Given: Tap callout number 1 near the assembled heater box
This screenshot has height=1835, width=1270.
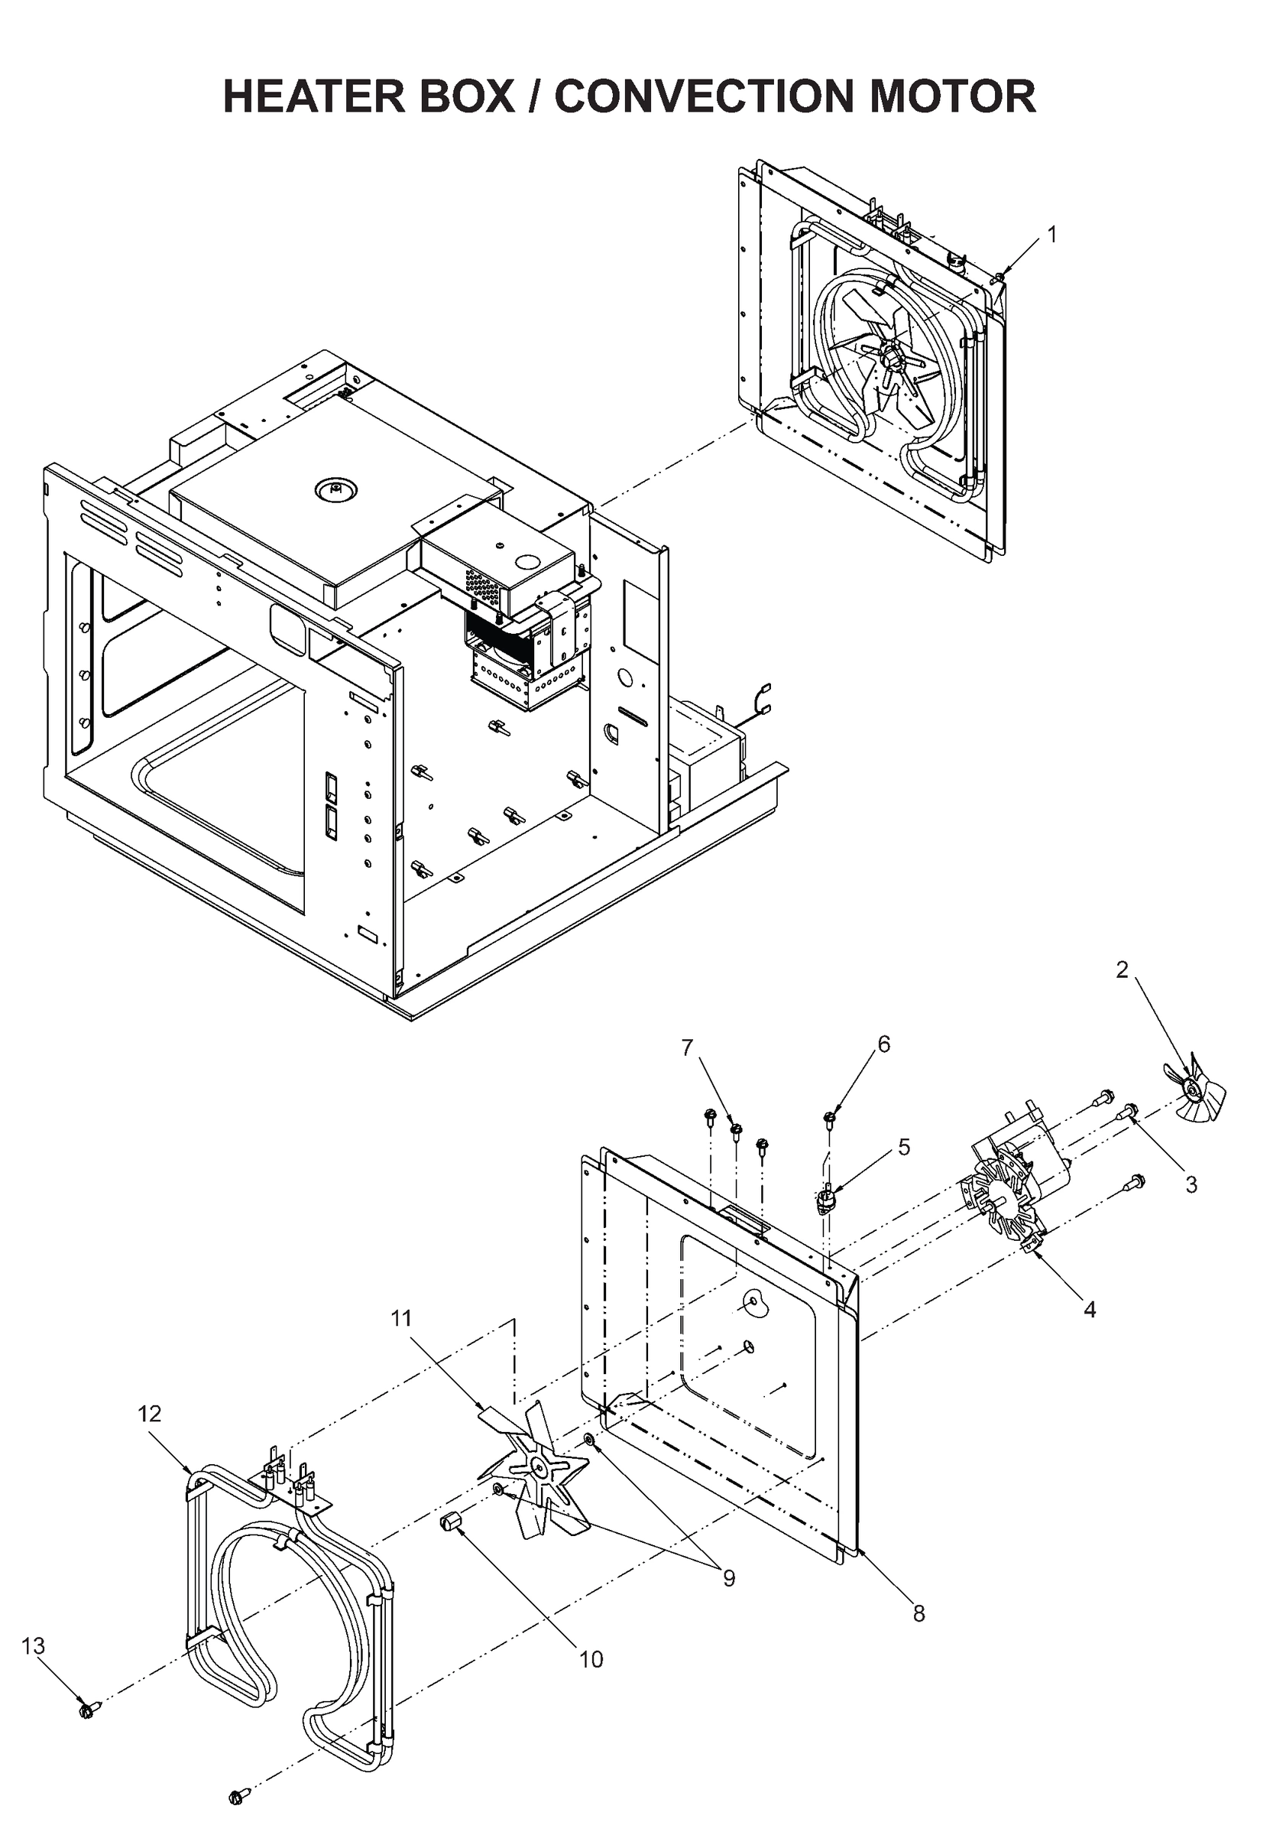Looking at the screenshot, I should (1051, 235).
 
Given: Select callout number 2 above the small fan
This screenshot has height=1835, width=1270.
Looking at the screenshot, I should (1121, 969).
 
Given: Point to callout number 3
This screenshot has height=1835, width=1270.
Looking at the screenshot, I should (1191, 1184).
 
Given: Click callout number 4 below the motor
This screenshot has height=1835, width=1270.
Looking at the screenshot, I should (1090, 1309).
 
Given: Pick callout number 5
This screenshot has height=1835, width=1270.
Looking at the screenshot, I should (903, 1146).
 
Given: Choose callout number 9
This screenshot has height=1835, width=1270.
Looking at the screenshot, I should (729, 1577).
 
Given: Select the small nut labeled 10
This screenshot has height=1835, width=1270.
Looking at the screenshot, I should (451, 1523).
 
